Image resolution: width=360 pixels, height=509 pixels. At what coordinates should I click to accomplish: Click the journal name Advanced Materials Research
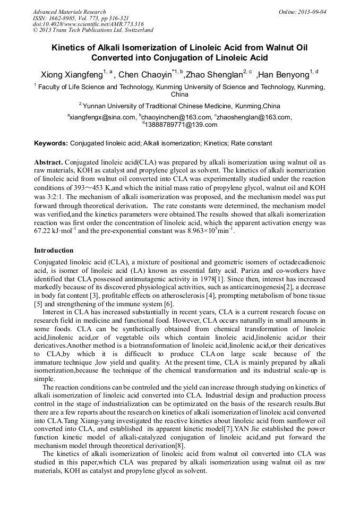(x=69, y=12)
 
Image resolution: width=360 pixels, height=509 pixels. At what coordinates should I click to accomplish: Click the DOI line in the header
(x=88, y=24)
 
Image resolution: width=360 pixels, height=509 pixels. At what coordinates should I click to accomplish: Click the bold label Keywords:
(x=51, y=143)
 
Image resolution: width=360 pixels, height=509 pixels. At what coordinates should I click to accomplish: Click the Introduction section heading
(x=54, y=250)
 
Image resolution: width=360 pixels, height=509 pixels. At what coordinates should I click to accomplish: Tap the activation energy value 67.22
(x=44, y=232)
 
